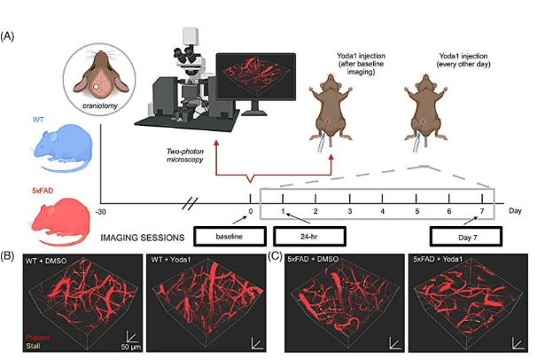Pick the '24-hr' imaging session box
coord(307,236)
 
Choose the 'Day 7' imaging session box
coord(463,236)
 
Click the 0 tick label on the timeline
coord(251,213)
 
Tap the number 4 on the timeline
coord(383,213)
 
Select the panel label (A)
coord(9,37)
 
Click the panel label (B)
coord(9,255)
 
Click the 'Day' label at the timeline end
coord(515,212)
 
